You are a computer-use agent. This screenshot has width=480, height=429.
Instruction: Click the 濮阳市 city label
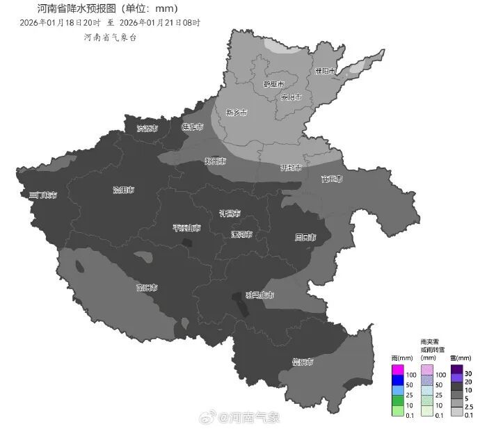pyautogui.click(x=325, y=71)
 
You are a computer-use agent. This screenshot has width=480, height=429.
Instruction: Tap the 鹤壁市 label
pyautogui.click(x=273, y=84)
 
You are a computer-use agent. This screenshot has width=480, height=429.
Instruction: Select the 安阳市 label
pyautogui.click(x=291, y=97)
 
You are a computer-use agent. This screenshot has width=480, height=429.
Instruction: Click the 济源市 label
pyautogui.click(x=147, y=129)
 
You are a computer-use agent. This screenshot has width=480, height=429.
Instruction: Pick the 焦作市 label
pyautogui.click(x=192, y=127)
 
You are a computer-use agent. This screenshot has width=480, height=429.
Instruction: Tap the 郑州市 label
pyautogui.click(x=216, y=161)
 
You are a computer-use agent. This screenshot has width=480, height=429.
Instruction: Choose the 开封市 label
pyautogui.click(x=290, y=168)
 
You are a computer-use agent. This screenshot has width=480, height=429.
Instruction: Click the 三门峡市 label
pyautogui.click(x=43, y=195)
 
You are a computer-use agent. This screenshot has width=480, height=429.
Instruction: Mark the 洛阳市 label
pyautogui.click(x=124, y=190)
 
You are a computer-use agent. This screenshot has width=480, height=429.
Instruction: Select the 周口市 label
pyautogui.click(x=305, y=238)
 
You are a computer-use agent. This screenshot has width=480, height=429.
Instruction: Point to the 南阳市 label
pyautogui.click(x=147, y=287)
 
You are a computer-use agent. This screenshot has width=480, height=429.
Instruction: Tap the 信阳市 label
pyautogui.click(x=302, y=362)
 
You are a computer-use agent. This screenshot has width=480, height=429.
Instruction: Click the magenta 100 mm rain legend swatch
pyautogui.click(x=397, y=369)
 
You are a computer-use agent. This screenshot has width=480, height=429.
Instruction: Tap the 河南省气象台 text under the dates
pyautogui.click(x=110, y=36)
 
